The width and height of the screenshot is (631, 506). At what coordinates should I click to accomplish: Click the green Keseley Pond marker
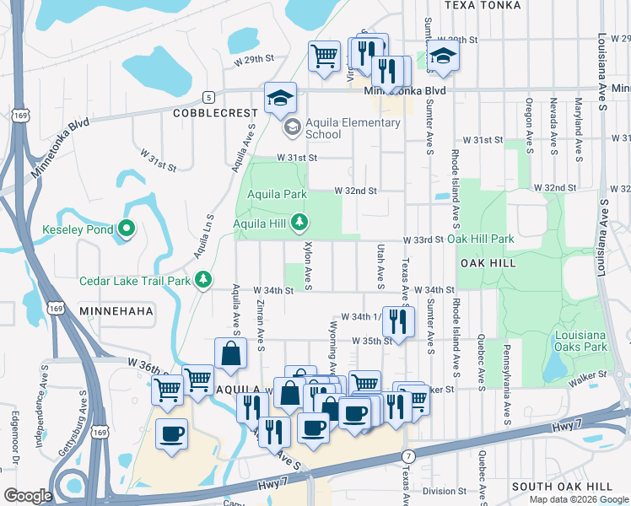[127, 228]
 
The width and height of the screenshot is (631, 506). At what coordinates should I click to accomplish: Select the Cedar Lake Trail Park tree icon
[202, 279]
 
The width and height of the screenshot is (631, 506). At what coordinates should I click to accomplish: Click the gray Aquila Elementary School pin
[292, 127]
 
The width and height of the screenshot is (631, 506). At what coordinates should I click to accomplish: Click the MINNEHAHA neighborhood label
[116, 311]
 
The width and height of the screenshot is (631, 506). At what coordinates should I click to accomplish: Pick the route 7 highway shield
[408, 455]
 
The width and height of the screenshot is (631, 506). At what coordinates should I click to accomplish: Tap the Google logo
[29, 496]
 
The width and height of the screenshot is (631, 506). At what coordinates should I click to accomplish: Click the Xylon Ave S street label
[309, 266]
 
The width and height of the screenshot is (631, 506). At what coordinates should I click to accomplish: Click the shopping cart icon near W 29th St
[324, 56]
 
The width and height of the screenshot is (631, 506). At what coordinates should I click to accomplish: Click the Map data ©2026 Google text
[579, 499]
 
